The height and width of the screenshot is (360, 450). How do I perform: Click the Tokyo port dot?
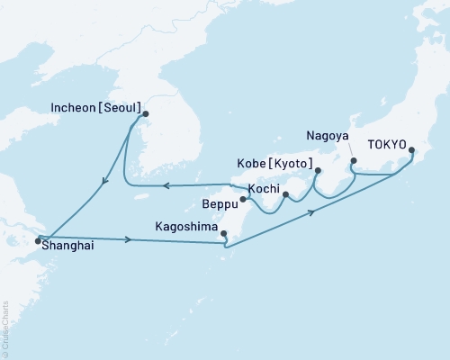point(411,150)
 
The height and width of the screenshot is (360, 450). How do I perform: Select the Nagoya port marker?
point(353,162)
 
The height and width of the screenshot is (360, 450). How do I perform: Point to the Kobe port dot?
point(318,168)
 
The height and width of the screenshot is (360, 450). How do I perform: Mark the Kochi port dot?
point(285,194)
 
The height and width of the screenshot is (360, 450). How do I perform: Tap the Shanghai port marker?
point(38,240)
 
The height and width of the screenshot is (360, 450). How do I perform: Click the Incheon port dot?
point(146,113)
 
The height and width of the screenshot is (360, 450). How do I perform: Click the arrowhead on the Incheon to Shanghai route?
point(105,183)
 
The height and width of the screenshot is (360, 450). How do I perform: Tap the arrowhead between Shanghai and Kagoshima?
point(131,240)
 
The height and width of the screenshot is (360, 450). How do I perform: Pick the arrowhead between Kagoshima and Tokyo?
point(313,212)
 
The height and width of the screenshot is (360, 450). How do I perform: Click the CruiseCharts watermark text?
point(6,320)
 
